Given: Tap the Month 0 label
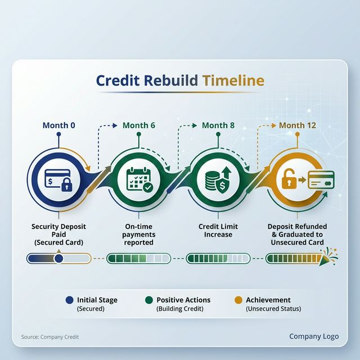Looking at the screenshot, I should pyautogui.click(x=58, y=125).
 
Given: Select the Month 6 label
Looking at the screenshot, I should pyautogui.click(x=138, y=125).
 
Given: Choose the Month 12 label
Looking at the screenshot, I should pyautogui.click(x=298, y=125).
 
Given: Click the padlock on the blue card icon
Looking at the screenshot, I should pyautogui.click(x=66, y=184).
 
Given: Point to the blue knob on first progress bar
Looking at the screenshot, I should pyautogui.click(x=58, y=258).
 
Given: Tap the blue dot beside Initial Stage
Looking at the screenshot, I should pyautogui.click(x=69, y=300).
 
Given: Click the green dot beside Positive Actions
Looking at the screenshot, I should pyautogui.click(x=149, y=300).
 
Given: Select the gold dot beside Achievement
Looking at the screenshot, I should pyautogui.click(x=238, y=300).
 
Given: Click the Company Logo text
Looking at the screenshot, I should pyautogui.click(x=314, y=336).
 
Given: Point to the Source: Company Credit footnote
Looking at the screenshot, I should pyautogui.click(x=50, y=337).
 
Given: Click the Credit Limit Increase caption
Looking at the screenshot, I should pyautogui.click(x=218, y=230).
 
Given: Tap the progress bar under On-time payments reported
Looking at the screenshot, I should pyautogui.click(x=138, y=258).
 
